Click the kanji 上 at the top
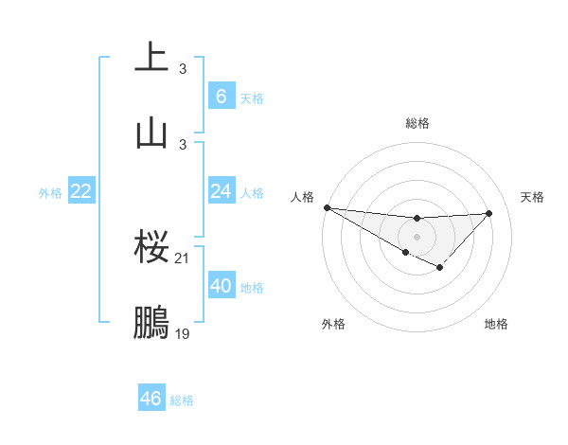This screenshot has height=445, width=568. click(152, 58)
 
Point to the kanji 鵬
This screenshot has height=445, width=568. click(152, 322)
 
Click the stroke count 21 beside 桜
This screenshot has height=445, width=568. click(183, 258)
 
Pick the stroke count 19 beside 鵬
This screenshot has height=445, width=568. click(183, 333)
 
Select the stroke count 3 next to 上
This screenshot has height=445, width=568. click(183, 69)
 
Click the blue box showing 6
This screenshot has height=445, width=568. click(221, 96)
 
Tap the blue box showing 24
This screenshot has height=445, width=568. click(221, 191)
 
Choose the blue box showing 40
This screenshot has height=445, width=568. click(221, 286)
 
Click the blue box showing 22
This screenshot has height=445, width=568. click(81, 191)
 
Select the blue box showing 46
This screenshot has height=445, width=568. click(151, 399)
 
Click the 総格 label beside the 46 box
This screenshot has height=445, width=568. click(183, 400)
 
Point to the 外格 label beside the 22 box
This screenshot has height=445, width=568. click(50, 193)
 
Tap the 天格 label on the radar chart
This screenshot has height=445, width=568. click(533, 197)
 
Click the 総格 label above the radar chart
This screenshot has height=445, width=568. click(417, 123)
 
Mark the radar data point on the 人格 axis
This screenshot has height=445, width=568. click(327, 207)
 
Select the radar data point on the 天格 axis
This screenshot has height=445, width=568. click(489, 213)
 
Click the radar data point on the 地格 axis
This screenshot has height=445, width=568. click(440, 268)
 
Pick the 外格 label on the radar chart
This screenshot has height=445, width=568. click(333, 324)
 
